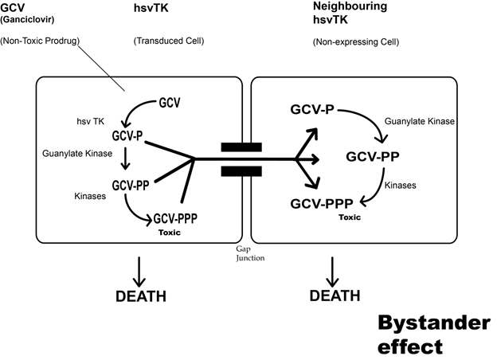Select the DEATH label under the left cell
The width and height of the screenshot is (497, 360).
139,297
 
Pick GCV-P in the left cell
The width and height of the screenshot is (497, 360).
127,136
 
